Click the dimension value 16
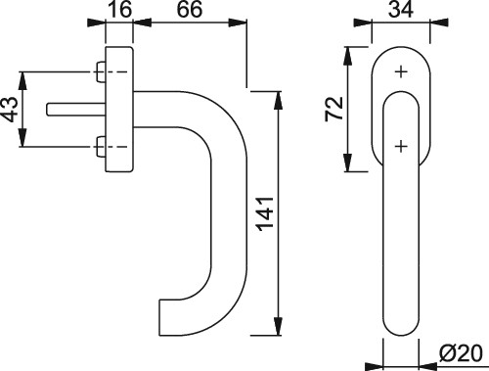coord(119,9)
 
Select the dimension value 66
coord(190,9)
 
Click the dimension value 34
coord(401,9)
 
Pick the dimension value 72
coord(333,109)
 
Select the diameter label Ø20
coord(460,353)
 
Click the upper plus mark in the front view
coord(401,71)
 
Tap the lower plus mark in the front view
coord(401,146)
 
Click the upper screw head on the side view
coord(100,71)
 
